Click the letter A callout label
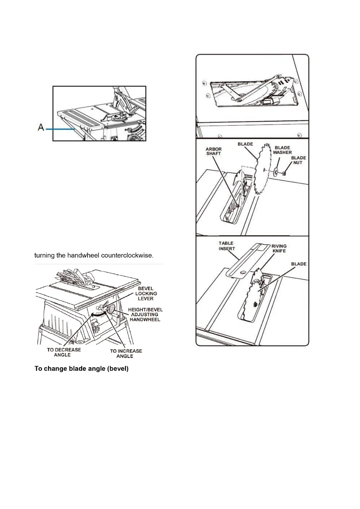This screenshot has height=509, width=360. click(x=41, y=128)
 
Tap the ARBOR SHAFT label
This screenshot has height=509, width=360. click(x=214, y=151)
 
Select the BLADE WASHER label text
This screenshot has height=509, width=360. click(x=282, y=150)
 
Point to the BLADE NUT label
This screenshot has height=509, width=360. click(x=298, y=160)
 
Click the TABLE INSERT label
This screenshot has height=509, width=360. click(x=226, y=246)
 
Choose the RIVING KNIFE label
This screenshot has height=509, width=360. click(x=279, y=248)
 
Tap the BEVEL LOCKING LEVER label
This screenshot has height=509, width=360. click(x=146, y=293)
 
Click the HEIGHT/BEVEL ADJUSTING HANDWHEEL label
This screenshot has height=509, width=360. click(x=145, y=314)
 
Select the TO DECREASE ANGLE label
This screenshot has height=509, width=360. click(x=64, y=352)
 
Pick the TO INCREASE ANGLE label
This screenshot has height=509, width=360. click(x=126, y=353)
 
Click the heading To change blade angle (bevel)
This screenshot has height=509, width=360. click(x=81, y=369)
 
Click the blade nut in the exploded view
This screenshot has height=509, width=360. click(x=285, y=173)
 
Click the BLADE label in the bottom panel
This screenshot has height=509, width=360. click(x=299, y=264)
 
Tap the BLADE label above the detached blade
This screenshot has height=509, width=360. click(x=245, y=144)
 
